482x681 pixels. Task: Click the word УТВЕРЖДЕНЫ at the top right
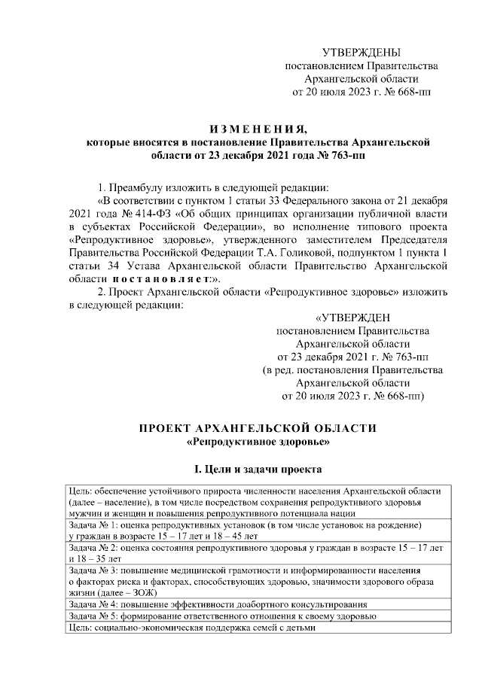pyautogui.click(x=361, y=53)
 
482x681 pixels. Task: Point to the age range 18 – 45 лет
pyautogui.click(x=225, y=537)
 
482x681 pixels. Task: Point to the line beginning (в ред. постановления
pyautogui.click(x=352, y=369)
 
